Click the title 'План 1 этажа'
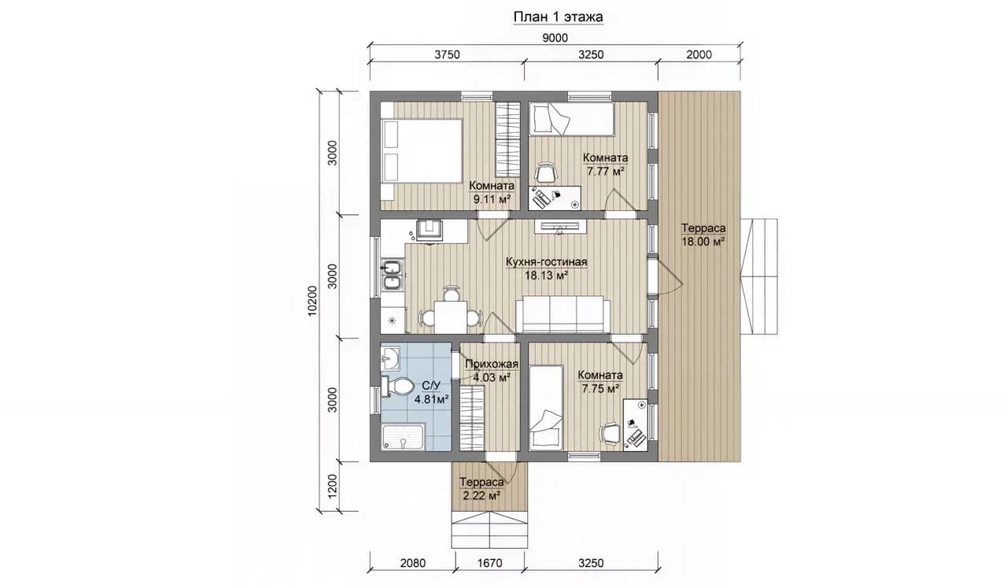coord(558,17)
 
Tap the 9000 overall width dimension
coord(555,38)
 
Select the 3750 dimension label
coord(447,54)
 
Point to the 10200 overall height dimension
coord(312,301)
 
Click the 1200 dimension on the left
coord(332,486)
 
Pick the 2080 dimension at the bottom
coord(413,563)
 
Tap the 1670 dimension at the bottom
coord(489,563)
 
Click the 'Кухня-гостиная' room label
coord(546,262)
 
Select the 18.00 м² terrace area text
coord(703,242)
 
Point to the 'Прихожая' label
coord(492,364)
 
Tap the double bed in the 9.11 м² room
coord(422,150)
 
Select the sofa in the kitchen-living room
coord(563,314)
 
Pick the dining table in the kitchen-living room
coord(451,317)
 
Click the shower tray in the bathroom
coord(403,436)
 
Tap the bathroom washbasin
coord(390,359)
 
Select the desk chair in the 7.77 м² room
coord(546,172)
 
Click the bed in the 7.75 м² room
coord(546,408)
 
